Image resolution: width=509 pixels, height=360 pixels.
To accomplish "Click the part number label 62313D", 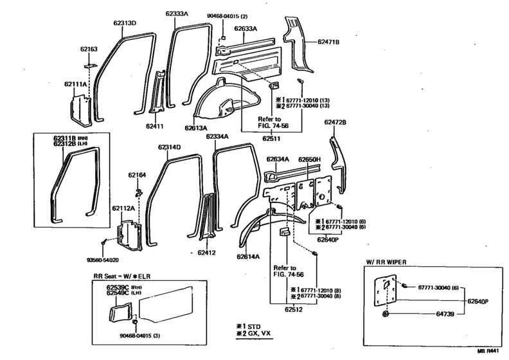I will coord(125,22).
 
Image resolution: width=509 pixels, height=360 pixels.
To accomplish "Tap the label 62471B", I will coord(328,42).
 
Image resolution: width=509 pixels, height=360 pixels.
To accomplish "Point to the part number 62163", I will coord(89,49).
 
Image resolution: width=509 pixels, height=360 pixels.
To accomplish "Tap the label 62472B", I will coord(335,122).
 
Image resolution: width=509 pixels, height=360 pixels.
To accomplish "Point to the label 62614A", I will coord(247,256).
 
